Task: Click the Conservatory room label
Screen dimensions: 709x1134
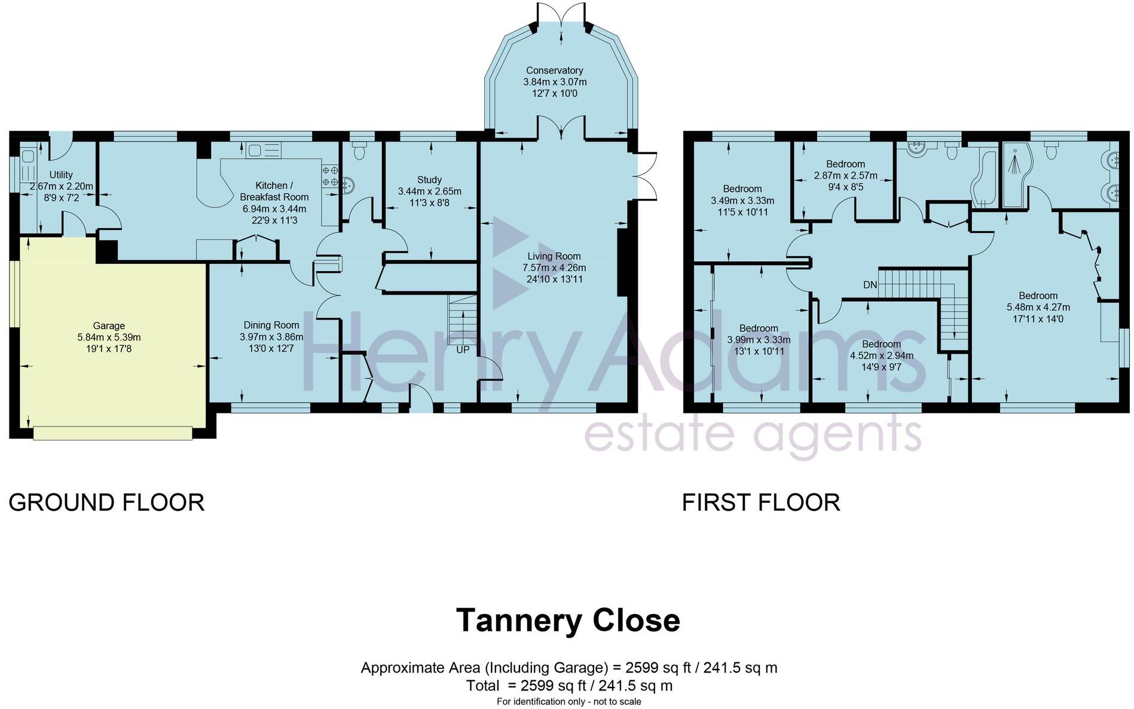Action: (x=554, y=70)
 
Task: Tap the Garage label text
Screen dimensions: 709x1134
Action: (x=109, y=326)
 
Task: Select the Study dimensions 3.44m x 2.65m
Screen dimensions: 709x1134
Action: (x=429, y=191)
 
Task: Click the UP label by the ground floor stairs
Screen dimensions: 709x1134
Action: (x=463, y=350)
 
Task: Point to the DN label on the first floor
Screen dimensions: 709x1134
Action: (x=870, y=285)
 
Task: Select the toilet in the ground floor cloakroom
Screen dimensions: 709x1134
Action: (x=359, y=152)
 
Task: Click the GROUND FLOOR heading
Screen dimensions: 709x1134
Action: (x=106, y=502)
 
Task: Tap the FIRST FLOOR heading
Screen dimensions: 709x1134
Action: (x=760, y=502)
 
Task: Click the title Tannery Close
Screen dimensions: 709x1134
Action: (x=567, y=620)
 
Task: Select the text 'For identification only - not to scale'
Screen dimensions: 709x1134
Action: (x=568, y=701)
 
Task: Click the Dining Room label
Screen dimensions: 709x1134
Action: (x=271, y=325)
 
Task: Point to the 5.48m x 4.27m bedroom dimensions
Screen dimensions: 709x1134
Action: (x=1038, y=307)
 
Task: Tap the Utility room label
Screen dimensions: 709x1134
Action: (x=60, y=174)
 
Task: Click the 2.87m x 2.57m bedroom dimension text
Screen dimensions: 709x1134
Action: (x=845, y=176)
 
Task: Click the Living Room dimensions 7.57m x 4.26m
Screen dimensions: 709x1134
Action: (x=554, y=268)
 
